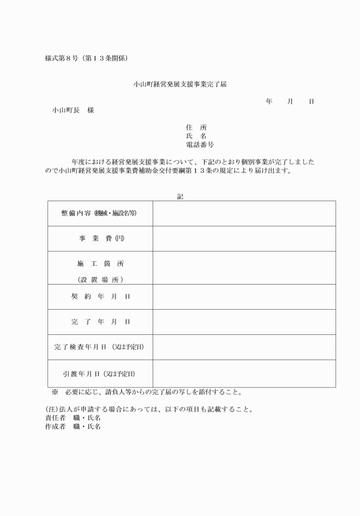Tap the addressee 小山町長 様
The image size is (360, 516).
(x=73, y=110)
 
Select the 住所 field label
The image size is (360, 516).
(x=196, y=127)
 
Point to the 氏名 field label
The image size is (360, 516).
(x=196, y=136)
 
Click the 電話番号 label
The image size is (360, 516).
(x=200, y=145)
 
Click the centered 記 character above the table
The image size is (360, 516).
(x=181, y=196)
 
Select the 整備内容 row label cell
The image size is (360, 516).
(x=99, y=213)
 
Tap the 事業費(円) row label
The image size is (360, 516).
(x=99, y=238)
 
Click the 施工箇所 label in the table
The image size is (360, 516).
(x=100, y=264)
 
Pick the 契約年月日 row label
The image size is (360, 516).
(x=100, y=297)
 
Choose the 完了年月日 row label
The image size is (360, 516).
(x=100, y=322)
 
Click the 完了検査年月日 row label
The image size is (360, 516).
(x=99, y=347)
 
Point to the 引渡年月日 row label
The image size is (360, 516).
(x=99, y=374)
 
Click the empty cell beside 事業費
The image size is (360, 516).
(x=244, y=238)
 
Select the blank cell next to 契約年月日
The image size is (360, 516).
(x=244, y=297)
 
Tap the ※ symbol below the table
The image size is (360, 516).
(x=55, y=393)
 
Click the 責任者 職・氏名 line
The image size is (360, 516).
(x=73, y=418)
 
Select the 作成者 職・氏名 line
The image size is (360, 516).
(x=73, y=426)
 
